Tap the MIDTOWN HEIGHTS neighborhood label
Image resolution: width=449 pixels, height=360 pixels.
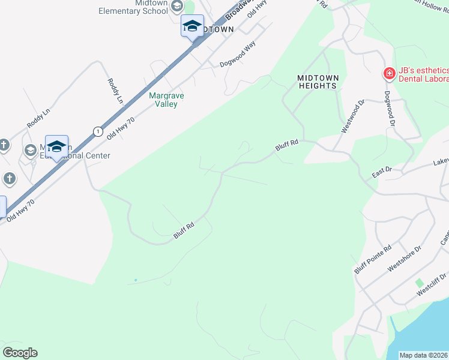(318, 82)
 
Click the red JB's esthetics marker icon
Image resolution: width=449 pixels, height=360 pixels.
(389, 74)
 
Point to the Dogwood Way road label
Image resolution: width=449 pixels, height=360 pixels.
(237, 53)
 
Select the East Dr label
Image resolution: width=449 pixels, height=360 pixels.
(381, 173)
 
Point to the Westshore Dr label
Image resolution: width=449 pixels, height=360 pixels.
(405, 257)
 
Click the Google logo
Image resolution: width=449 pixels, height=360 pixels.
(20, 352)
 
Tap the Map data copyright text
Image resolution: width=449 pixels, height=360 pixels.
(424, 355)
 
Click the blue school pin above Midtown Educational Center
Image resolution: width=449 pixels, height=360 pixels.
(56, 146)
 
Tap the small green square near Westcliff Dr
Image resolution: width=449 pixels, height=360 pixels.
(420, 283)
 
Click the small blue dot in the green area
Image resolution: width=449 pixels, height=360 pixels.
(136, 280)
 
